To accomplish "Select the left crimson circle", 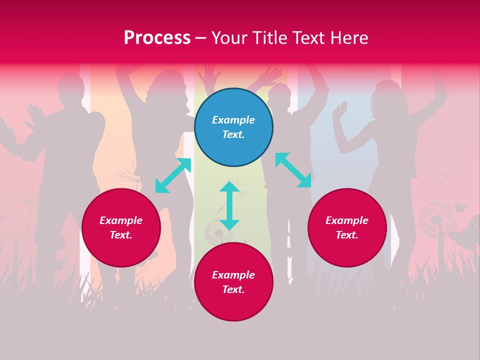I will (121, 227).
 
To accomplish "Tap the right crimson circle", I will (347, 227).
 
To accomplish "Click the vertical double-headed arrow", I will (229, 205).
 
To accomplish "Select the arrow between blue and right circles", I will (293, 170).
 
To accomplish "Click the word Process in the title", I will (157, 38).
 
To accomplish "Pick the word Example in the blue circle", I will (233, 120).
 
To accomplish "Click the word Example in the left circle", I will (121, 220).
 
